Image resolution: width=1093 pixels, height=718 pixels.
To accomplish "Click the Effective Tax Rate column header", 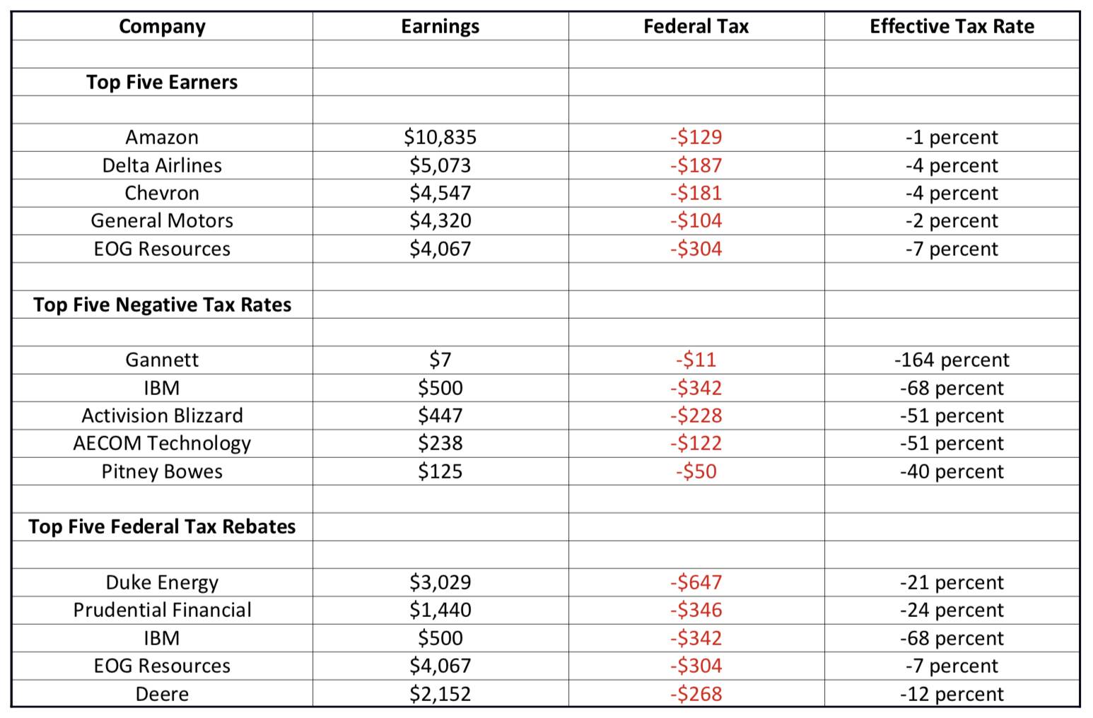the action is (952, 26).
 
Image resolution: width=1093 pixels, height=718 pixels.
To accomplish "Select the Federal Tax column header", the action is (696, 26).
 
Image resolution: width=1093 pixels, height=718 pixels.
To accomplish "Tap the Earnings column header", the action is (440, 27).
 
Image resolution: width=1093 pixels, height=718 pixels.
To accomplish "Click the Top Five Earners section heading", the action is (162, 82).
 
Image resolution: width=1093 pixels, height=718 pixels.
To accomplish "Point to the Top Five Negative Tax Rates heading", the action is (162, 305).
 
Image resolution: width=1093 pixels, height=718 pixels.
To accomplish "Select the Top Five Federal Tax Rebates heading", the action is (162, 526).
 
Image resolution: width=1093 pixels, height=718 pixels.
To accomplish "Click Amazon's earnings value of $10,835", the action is (440, 138).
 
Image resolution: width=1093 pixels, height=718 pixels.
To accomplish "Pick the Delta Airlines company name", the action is (162, 165).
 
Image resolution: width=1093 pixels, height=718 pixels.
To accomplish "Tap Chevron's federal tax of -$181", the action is (696, 193).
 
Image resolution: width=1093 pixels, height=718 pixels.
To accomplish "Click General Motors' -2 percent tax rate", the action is (952, 221).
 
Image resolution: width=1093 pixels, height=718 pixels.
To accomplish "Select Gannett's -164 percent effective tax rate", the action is (952, 360).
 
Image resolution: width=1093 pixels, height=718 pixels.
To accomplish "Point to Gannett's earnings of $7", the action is (440, 360).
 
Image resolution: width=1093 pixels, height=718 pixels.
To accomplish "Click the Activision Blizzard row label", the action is (162, 416).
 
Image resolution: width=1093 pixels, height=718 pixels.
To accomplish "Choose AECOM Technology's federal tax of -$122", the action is (696, 443).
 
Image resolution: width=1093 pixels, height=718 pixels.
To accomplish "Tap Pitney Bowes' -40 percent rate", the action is (952, 471).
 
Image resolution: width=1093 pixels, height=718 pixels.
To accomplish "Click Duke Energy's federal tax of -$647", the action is (696, 582).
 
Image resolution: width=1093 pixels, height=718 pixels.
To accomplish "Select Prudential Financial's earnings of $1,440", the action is (440, 610).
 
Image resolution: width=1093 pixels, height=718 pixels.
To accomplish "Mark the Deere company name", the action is (162, 694).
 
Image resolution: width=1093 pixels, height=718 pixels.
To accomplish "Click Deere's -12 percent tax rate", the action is (952, 694).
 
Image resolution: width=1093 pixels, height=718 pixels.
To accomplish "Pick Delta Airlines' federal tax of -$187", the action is (696, 165).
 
